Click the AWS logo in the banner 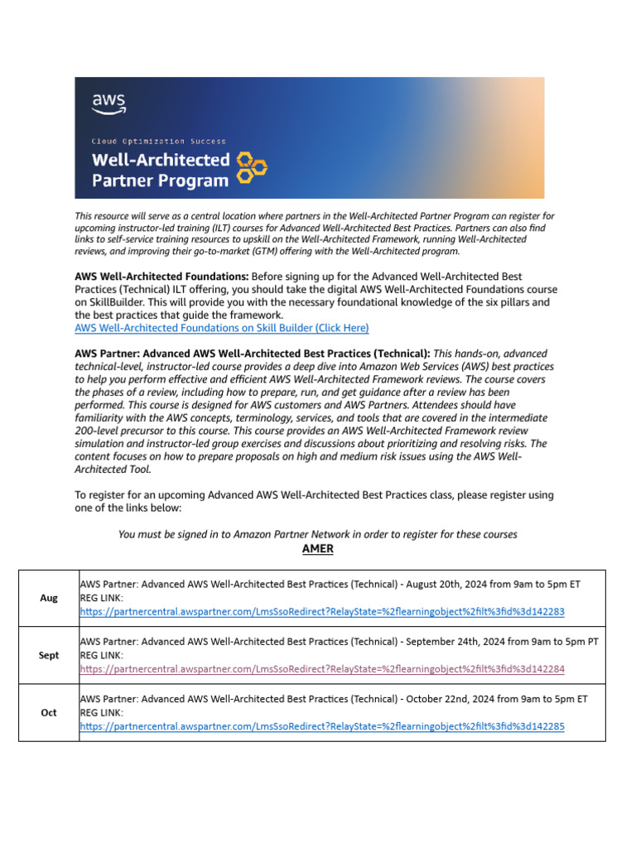tap(108, 104)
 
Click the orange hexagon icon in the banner tap(252, 166)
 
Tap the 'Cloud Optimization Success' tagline tap(158, 142)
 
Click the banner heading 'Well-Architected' tap(160, 159)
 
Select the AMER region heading tap(318, 549)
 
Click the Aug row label tap(49, 598)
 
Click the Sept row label tap(49, 655)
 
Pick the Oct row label tap(49, 712)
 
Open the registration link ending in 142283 tap(322, 612)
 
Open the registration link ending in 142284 tap(322, 669)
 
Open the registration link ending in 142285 tap(322, 726)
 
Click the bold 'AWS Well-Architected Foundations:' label tap(161, 276)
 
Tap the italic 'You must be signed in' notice tap(318, 534)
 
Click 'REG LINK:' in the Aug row tap(102, 598)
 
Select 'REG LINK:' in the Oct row tap(102, 712)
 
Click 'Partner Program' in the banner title tap(160, 180)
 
